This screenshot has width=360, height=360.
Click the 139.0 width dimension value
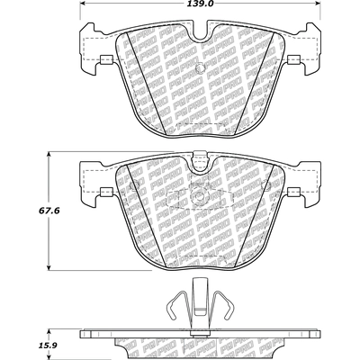pyautogui.click(x=197, y=5)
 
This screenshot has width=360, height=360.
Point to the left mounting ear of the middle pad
pyautogui.click(x=90, y=180)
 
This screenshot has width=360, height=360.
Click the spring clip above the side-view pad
pyautogui.click(x=197, y=310)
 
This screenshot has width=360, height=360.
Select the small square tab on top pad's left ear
pyautogui.click(x=104, y=61)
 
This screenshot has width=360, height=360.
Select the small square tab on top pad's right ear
pyautogui.click(x=290, y=61)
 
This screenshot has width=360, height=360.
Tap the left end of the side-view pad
pyautogui.click(x=84, y=336)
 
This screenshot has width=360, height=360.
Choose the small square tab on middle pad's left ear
pyautogui.click(x=104, y=192)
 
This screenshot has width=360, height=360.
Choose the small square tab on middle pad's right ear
pyautogui.click(x=290, y=192)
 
